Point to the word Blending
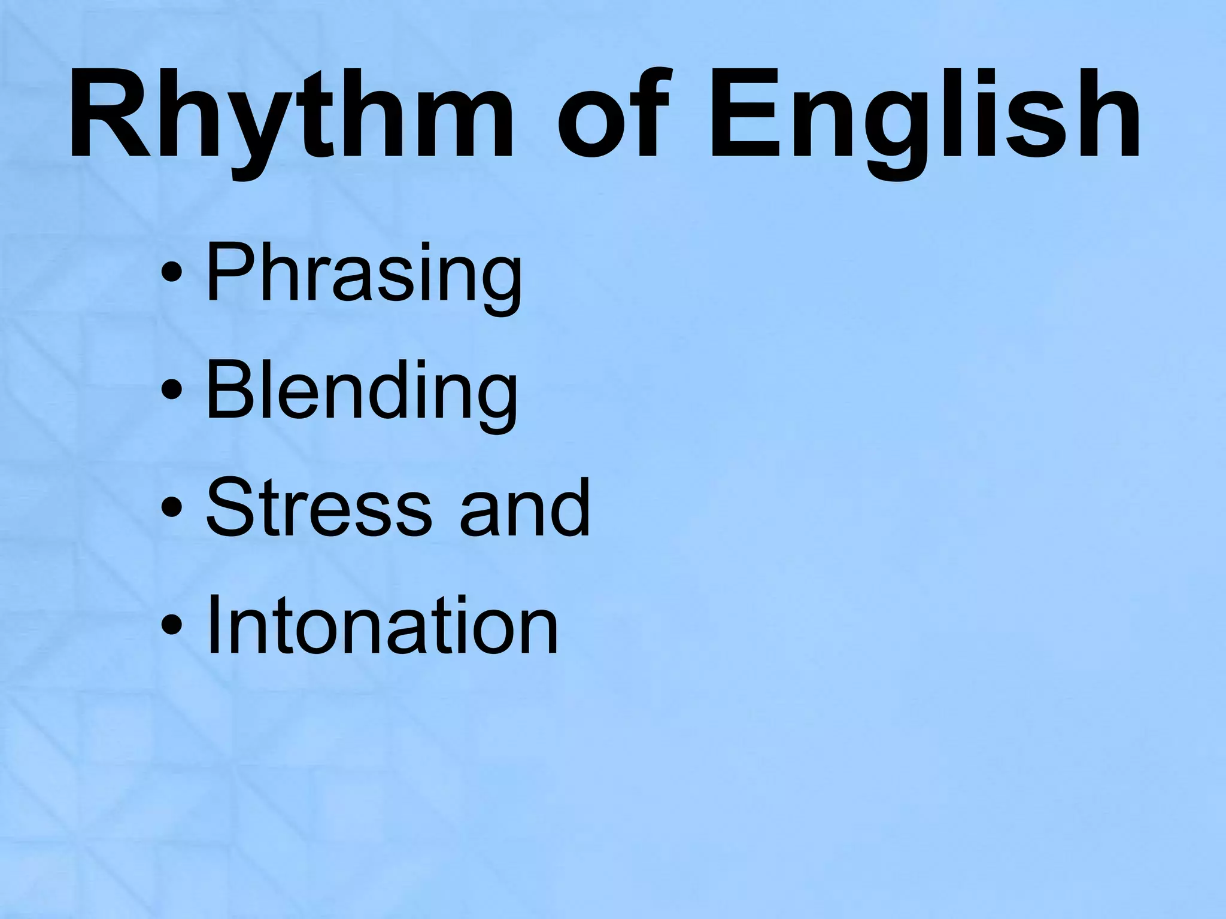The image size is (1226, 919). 361,392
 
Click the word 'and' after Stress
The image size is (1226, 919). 524,508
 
